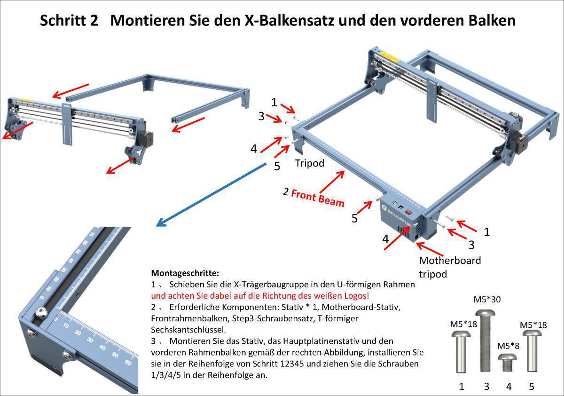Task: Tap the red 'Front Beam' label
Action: click(x=318, y=197)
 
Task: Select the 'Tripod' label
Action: click(x=310, y=163)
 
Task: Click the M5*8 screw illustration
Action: click(x=508, y=363)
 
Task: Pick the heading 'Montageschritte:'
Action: click(x=185, y=273)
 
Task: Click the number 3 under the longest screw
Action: click(x=486, y=387)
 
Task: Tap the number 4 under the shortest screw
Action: click(x=509, y=387)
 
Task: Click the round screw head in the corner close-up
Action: click(x=41, y=313)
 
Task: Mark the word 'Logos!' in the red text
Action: click(x=357, y=296)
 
